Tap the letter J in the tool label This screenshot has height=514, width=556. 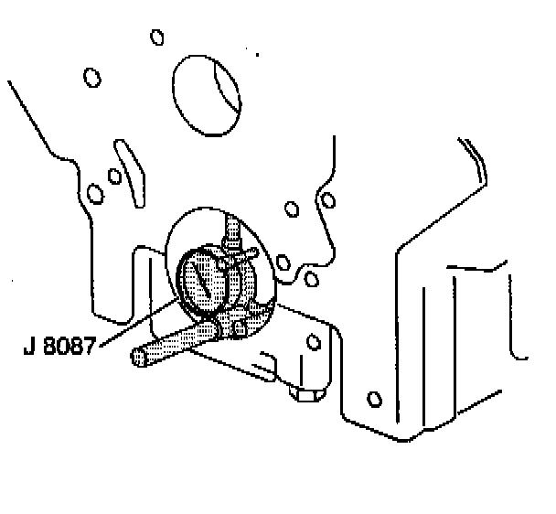31,348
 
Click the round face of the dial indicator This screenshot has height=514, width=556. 199,281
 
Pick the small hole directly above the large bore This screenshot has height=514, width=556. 157,37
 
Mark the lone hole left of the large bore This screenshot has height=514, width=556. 91,78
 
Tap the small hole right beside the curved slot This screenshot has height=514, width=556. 113,176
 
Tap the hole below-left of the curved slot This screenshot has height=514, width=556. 94,193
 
